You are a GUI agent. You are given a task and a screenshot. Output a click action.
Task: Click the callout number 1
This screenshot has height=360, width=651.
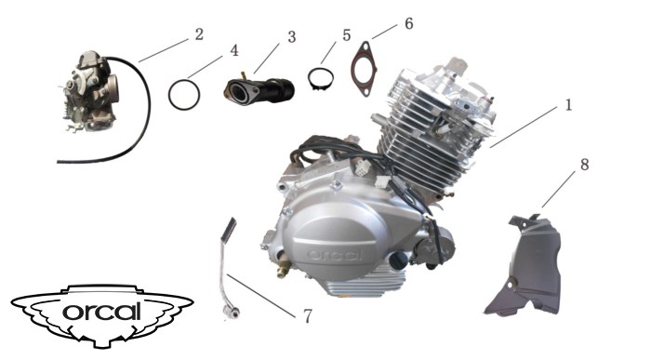pyautogui.click(x=568, y=104)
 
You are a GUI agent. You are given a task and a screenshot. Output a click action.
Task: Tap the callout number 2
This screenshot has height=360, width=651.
pyautogui.click(x=199, y=34)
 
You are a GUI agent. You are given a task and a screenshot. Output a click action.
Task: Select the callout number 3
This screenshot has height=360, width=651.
pyautogui.click(x=292, y=37)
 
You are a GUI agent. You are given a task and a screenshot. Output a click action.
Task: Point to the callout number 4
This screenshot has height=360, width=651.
pyautogui.click(x=234, y=50)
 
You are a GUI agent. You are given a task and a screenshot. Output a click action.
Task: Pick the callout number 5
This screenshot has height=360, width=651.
pyautogui.click(x=347, y=34)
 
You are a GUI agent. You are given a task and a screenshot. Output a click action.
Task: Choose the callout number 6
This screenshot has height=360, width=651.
pyautogui.click(x=409, y=23)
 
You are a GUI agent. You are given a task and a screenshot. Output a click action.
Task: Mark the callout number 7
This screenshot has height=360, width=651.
pyautogui.click(x=308, y=316)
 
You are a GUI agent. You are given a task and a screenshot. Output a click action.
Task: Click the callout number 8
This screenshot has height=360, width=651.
pyautogui.click(x=585, y=165)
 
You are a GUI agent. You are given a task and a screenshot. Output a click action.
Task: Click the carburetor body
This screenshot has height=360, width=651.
pyautogui.click(x=90, y=91)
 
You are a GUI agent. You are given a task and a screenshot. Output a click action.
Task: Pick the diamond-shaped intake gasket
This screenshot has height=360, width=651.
pyautogui.click(x=364, y=69)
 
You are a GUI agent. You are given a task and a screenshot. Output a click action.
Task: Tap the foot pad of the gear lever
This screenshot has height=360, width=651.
pyautogui.click(x=229, y=229)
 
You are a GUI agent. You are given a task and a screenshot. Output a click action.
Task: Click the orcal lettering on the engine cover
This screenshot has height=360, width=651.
pyautogui.click(x=335, y=255)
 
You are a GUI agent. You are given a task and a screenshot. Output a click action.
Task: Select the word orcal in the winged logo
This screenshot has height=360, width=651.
pyautogui.click(x=102, y=312)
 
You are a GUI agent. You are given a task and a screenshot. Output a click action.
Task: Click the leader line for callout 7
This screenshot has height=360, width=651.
pyautogui.click(x=261, y=296)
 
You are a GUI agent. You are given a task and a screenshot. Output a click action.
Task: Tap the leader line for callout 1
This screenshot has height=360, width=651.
pyautogui.click(x=524, y=127)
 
